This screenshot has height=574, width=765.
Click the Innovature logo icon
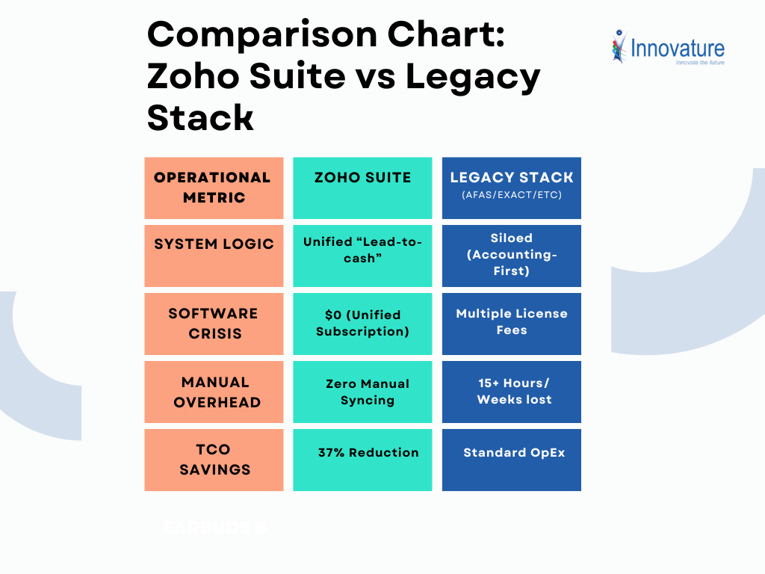[x=619, y=46]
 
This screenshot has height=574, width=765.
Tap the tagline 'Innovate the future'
[x=699, y=63]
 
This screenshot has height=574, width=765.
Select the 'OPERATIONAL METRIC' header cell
[x=214, y=188]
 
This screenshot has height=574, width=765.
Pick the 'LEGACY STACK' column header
[x=512, y=178]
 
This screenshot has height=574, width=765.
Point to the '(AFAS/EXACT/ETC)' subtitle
[x=512, y=195]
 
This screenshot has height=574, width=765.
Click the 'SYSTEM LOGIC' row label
[x=214, y=244]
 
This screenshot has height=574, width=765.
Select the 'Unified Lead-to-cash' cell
[x=362, y=250]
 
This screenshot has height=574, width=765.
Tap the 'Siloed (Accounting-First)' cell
[x=512, y=254]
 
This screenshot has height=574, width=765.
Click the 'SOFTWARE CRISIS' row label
[x=214, y=324]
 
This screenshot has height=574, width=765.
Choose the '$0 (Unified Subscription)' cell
[x=362, y=323]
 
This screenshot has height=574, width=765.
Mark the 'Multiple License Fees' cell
[x=512, y=321]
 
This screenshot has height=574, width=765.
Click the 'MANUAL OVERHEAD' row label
[x=214, y=392]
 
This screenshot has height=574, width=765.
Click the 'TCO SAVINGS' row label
[x=214, y=460]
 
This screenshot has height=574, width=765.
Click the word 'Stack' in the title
[x=200, y=117]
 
